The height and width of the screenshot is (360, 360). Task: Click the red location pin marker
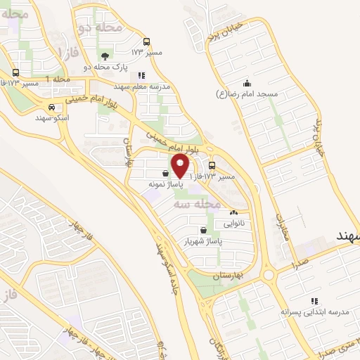(180, 165)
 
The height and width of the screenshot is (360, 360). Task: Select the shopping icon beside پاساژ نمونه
(165, 172)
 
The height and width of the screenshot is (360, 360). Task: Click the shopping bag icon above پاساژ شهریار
(203, 229)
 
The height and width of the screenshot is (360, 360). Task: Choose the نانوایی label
(234, 224)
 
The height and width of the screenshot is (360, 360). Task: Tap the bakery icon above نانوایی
(234, 212)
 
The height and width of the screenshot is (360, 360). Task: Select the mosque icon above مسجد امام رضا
(246, 82)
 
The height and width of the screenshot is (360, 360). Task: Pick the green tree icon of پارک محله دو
(104, 56)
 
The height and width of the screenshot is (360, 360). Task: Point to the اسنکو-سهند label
(52, 118)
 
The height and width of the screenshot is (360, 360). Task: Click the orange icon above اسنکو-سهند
(51, 107)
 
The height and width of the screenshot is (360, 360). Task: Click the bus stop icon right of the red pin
(212, 165)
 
